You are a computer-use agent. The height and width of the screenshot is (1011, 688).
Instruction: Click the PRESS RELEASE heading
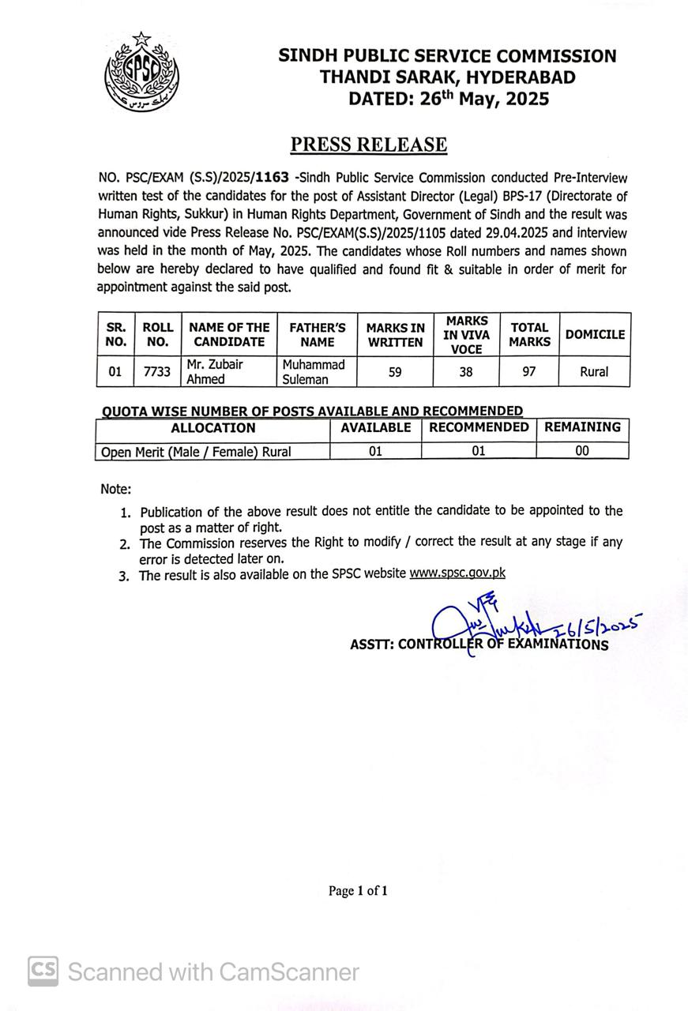point(368,145)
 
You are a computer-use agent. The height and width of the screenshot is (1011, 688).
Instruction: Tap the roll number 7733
point(157,371)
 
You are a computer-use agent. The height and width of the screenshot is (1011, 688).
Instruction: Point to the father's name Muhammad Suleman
point(314,371)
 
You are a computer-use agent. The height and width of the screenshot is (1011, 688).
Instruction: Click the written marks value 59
point(395,371)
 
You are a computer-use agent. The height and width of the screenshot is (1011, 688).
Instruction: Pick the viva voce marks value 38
point(466,371)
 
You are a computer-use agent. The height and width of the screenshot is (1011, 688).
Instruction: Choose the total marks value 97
point(529,371)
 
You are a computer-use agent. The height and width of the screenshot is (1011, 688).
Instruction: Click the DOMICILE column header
point(595,334)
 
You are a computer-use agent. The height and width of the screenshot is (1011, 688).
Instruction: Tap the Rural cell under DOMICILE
point(594,371)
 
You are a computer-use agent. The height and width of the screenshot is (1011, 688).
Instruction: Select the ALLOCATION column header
point(213,428)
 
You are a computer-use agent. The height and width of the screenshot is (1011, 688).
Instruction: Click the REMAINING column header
point(582,427)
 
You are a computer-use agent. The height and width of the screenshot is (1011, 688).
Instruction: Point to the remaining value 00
point(582,452)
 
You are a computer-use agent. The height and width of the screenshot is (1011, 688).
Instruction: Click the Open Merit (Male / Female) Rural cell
point(197,453)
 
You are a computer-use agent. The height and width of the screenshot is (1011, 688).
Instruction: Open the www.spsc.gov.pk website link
point(457,573)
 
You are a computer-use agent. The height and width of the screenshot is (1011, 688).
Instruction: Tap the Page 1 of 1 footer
point(358,891)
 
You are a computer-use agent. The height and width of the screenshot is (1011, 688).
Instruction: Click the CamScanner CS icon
point(43,972)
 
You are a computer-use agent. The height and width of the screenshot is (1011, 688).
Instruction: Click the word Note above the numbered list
point(115,490)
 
